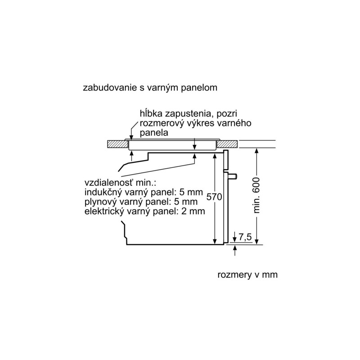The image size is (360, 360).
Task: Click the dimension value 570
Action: (214, 197)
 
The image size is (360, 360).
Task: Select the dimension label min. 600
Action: (256, 195)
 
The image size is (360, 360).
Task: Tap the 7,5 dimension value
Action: (245, 237)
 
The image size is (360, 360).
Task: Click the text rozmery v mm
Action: (247, 274)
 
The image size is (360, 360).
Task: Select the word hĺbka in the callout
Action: (151, 113)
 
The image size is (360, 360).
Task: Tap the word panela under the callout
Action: (154, 133)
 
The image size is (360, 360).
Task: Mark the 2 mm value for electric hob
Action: (193, 211)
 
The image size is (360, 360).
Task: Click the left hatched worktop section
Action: (117, 144)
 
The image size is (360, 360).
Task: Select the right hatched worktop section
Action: (227, 144)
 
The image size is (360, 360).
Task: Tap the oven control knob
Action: (233, 176)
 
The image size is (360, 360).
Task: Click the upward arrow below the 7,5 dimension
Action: (234, 251)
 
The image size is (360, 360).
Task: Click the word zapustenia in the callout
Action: (189, 114)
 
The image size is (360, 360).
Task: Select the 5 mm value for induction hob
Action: (192, 192)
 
